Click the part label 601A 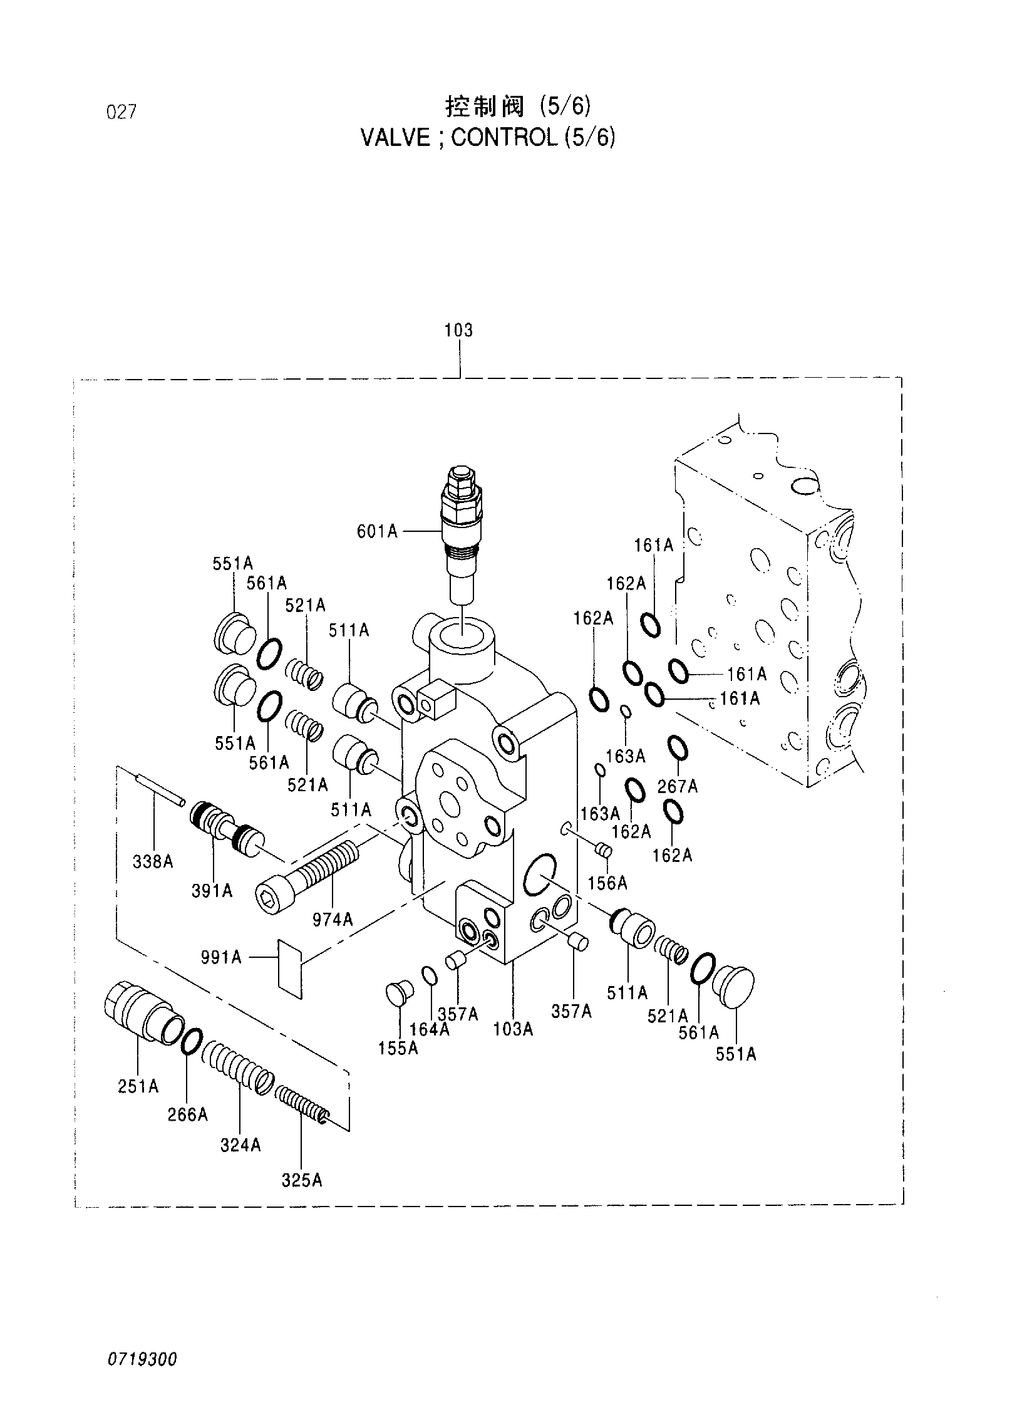tap(377, 532)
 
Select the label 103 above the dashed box tap(458, 330)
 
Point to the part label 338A tap(153, 862)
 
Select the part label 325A tap(301, 1181)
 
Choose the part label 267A tap(677, 786)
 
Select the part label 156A tap(607, 883)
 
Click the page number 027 tap(121, 113)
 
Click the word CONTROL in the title tap(503, 138)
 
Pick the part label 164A tap(429, 1029)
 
